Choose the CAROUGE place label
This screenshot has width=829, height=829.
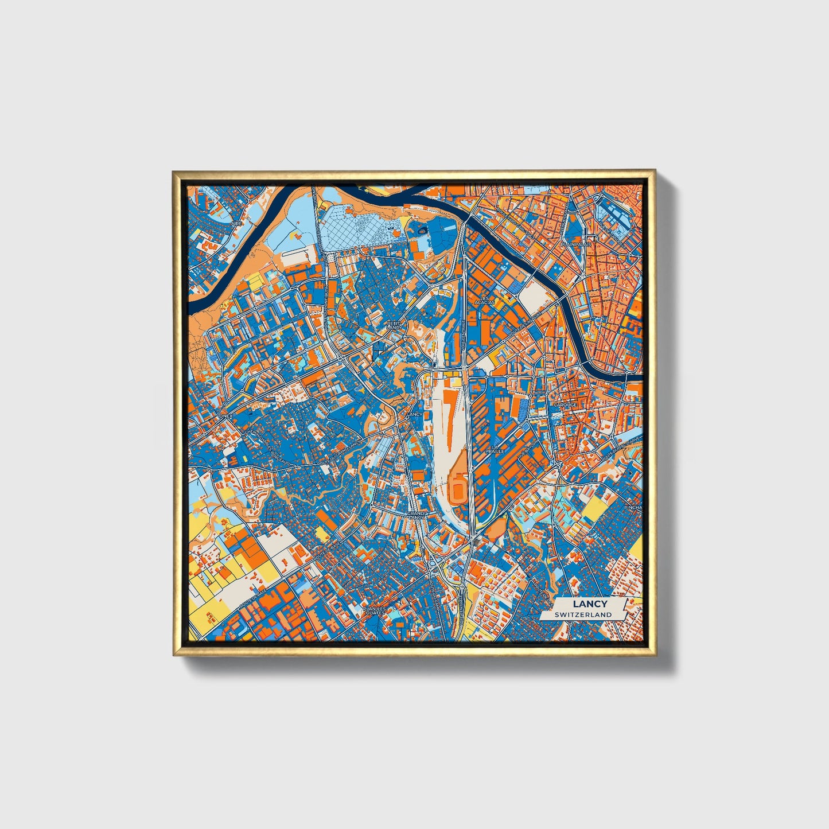click(565, 404)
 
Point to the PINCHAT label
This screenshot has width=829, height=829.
click(633, 507)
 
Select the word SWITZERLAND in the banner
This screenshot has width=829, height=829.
click(583, 614)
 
